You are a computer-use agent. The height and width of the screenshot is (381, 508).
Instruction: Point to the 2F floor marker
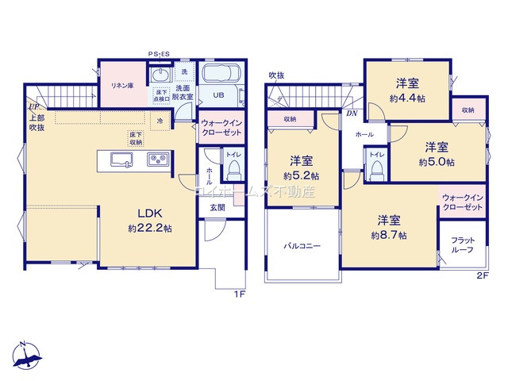click(x=483, y=275)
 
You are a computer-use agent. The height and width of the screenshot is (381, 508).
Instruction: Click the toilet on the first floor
click(x=233, y=169)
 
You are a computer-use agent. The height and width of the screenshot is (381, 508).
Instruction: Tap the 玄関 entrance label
click(x=217, y=207)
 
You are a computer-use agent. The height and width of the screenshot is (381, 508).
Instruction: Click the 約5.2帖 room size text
click(x=302, y=175)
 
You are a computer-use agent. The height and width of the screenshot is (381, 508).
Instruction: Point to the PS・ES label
click(x=159, y=54)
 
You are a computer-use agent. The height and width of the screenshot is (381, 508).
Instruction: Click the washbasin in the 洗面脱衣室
click(x=160, y=77)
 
